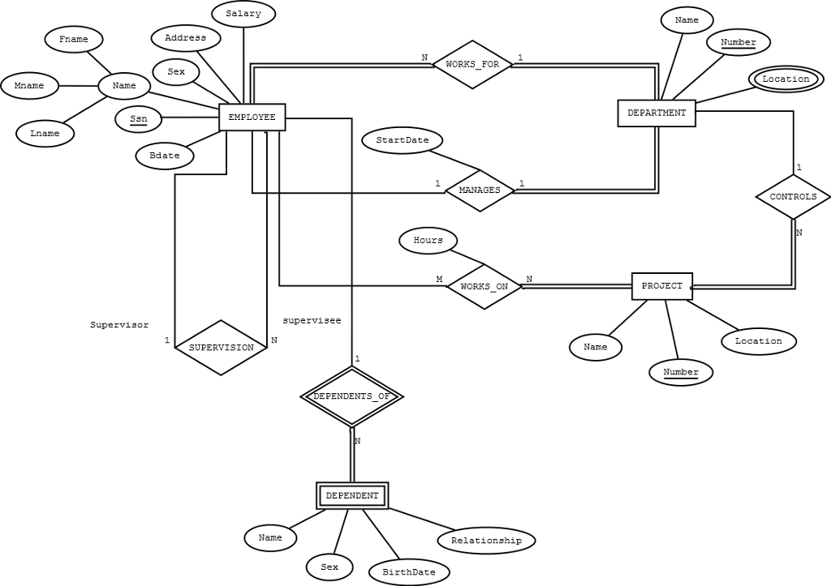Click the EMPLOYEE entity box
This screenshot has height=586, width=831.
[x=252, y=118]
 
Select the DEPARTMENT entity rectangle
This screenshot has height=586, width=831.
[x=657, y=113]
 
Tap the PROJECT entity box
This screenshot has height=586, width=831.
[x=662, y=286]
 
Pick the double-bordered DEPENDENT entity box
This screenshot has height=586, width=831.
[x=351, y=495]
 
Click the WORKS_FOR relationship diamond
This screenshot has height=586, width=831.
[x=472, y=64]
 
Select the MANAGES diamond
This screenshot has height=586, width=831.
[x=480, y=190]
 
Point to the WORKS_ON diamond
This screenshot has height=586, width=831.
[x=484, y=286]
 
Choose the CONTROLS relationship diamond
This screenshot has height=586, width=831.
[x=793, y=197]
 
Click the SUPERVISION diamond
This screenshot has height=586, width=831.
[x=221, y=348]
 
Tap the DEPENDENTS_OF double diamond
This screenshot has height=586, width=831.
[x=351, y=396]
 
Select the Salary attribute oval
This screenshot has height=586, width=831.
[x=243, y=14]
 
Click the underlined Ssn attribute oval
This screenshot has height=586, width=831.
[x=139, y=119]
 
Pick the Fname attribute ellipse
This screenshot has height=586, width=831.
[x=74, y=39]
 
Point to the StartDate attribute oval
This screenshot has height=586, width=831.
[x=403, y=140]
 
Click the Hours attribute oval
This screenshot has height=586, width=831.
[x=428, y=240]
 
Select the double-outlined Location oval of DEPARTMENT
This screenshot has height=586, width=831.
[x=786, y=79]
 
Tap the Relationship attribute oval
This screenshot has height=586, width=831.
[x=486, y=540]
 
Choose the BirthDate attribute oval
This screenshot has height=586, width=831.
[x=409, y=571]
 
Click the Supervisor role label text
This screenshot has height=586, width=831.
[x=119, y=325]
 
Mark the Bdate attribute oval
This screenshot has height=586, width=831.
[x=165, y=156]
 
